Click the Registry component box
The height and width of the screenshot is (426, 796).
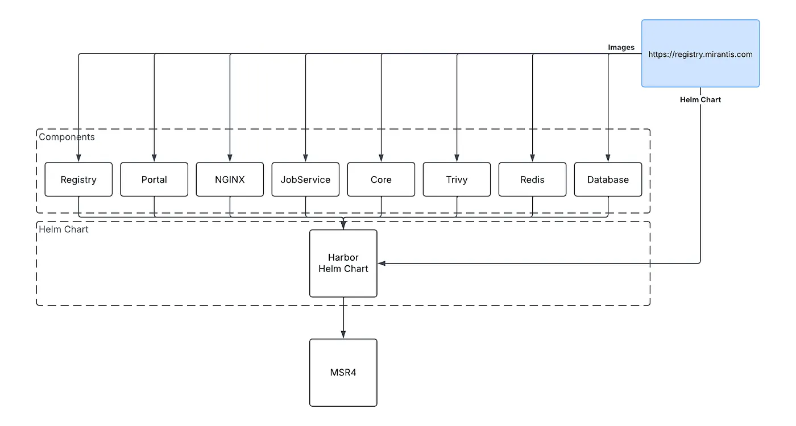click(x=78, y=179)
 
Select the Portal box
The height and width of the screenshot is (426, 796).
click(x=154, y=179)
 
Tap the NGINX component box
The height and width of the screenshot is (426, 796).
click(x=230, y=179)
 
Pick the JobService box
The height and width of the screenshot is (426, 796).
click(x=305, y=179)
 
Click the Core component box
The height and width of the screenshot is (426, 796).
click(x=381, y=179)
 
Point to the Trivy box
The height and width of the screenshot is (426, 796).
click(x=457, y=179)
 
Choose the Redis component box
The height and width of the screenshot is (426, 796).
click(x=532, y=179)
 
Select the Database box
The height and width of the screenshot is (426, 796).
click(x=608, y=179)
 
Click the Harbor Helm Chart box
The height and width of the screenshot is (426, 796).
click(x=343, y=263)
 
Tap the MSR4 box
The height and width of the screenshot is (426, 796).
click(x=343, y=373)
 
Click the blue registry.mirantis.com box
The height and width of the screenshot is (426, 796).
click(x=700, y=54)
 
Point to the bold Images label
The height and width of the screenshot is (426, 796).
click(x=621, y=48)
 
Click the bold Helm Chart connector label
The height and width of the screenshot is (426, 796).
click(x=700, y=100)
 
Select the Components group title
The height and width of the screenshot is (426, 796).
click(x=67, y=137)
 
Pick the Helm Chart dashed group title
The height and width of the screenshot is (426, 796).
click(x=64, y=229)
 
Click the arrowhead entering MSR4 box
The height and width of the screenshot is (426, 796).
click(x=343, y=335)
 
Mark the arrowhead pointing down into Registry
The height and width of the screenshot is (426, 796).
click(x=78, y=158)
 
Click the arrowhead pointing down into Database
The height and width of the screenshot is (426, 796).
click(x=608, y=158)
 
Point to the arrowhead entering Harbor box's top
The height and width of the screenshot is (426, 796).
click(x=343, y=225)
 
